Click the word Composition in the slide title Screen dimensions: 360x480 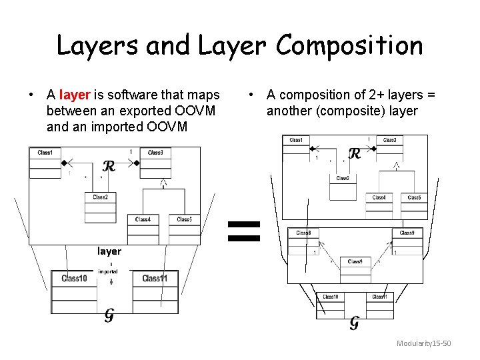[349, 46]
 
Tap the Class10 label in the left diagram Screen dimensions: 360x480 [74, 278]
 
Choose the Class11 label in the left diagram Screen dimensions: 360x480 [155, 278]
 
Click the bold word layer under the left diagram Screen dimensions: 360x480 [109, 251]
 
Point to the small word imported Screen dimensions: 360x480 [108, 271]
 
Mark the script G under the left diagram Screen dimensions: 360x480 [109, 315]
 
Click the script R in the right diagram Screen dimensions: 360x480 [355, 154]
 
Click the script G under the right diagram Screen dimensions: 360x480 [354, 323]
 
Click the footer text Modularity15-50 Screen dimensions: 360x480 [424, 343]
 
